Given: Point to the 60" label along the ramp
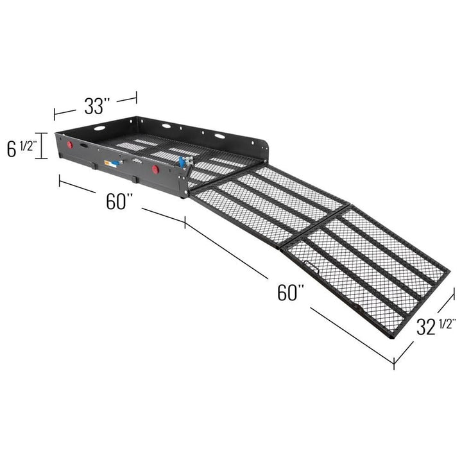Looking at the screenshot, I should (x=291, y=292).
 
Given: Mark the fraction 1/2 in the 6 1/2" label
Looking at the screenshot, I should (x=28, y=146).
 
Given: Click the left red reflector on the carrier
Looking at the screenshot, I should (x=69, y=146).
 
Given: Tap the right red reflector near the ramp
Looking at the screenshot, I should (x=155, y=169).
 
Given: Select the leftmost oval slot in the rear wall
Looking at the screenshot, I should (x=99, y=128).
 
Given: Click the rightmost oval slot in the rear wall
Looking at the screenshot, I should (x=219, y=136).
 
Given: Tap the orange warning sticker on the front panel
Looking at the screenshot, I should (x=113, y=164).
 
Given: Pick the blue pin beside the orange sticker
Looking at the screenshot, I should (x=122, y=162).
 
